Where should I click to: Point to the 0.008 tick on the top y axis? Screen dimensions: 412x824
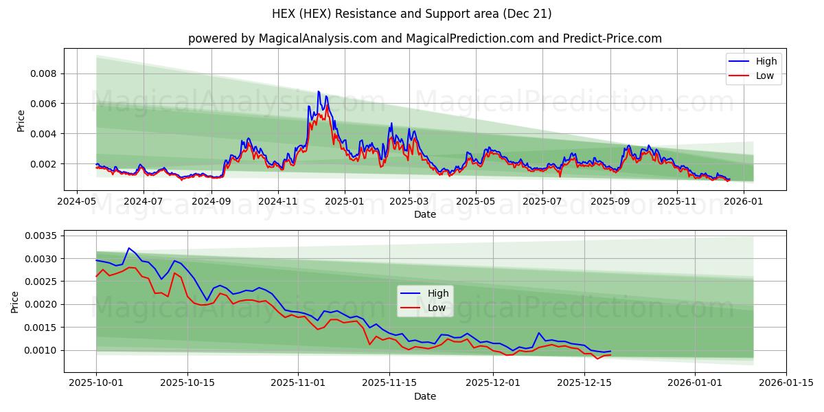[x=45, y=73]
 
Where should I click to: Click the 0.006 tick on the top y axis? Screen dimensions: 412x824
[x=45, y=104]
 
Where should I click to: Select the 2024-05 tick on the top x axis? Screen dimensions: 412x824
[x=76, y=202]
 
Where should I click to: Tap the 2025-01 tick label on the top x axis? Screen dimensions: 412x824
[x=344, y=202]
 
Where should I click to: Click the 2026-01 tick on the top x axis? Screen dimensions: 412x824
[x=744, y=202]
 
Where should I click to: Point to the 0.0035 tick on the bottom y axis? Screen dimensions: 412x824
[x=42, y=236]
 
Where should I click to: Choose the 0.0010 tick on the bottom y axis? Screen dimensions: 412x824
[x=42, y=350]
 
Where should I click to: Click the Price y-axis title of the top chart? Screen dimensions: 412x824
[x=21, y=121]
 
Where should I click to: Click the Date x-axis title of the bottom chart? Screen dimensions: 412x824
[x=425, y=396]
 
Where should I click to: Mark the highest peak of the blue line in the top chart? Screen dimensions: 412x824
[x=318, y=91]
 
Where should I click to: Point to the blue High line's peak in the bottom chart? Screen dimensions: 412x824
[x=128, y=248]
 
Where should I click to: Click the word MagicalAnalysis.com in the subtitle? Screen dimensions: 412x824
[x=317, y=38]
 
